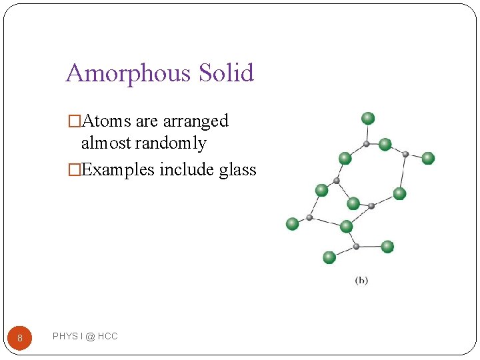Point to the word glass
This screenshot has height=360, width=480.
[237, 170]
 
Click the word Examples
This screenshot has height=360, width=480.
[118, 170]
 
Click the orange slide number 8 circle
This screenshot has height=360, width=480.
[20, 338]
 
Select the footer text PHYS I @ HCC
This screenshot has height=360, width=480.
[85, 337]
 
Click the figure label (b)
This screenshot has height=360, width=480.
[361, 281]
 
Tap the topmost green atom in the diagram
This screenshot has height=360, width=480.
[368, 119]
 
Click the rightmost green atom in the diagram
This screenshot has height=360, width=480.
[428, 158]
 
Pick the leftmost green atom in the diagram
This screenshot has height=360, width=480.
[292, 224]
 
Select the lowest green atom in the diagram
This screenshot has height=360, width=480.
[329, 257]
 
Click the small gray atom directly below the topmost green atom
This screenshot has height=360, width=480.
[367, 143]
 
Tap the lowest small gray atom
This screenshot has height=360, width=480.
[356, 247]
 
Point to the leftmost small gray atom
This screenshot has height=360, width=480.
[309, 217]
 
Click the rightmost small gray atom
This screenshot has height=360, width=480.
[405, 154]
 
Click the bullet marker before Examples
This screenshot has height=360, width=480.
[74, 170]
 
